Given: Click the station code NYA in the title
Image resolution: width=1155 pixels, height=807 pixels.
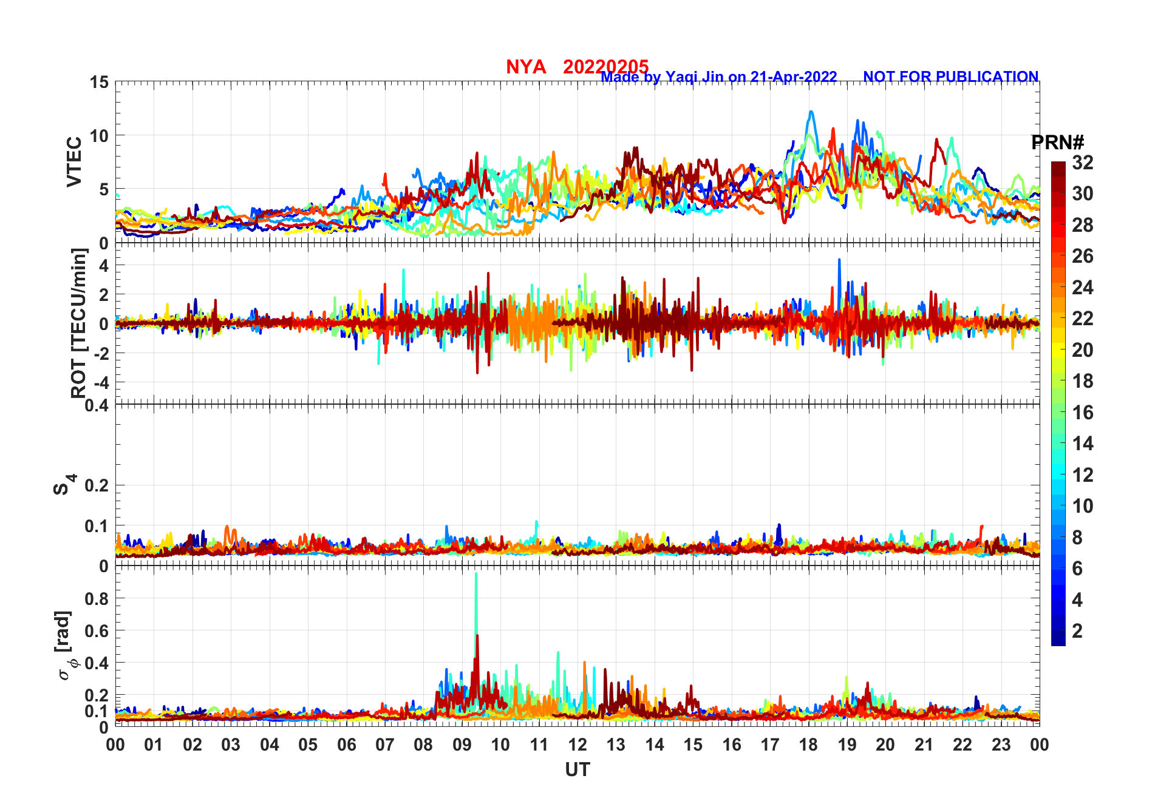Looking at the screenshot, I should click(526, 67).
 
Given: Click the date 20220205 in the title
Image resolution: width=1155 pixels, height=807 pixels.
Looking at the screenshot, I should click(605, 67).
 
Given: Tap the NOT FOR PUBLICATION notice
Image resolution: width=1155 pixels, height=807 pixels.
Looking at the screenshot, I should click(950, 77).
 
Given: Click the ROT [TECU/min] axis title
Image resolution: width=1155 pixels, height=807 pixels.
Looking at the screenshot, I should click(78, 323).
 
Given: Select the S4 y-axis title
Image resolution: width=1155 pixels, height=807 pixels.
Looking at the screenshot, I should click(64, 485).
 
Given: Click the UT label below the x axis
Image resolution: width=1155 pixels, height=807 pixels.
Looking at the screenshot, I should click(577, 769).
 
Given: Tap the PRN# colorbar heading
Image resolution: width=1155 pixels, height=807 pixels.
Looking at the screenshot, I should click(1057, 143).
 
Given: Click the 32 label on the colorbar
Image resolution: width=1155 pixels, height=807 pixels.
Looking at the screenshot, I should click(1082, 163).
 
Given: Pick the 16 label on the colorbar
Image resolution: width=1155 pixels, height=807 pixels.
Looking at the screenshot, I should click(1082, 413).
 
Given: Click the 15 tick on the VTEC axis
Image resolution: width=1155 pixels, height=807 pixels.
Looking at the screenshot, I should click(99, 82).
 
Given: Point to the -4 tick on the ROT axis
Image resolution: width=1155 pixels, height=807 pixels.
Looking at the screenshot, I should click(101, 382).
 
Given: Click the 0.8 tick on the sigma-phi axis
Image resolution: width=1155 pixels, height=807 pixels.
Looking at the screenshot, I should click(97, 598).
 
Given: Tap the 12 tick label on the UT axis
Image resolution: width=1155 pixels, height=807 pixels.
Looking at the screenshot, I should click(577, 745).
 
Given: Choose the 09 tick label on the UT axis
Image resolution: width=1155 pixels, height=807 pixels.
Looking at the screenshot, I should click(462, 745).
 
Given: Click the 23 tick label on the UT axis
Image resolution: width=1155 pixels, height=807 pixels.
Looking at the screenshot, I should click(1001, 745).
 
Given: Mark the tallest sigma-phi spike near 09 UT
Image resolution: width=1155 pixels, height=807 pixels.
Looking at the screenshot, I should click(475, 574).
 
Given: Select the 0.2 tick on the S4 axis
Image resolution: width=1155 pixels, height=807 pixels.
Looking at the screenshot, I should click(97, 485).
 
